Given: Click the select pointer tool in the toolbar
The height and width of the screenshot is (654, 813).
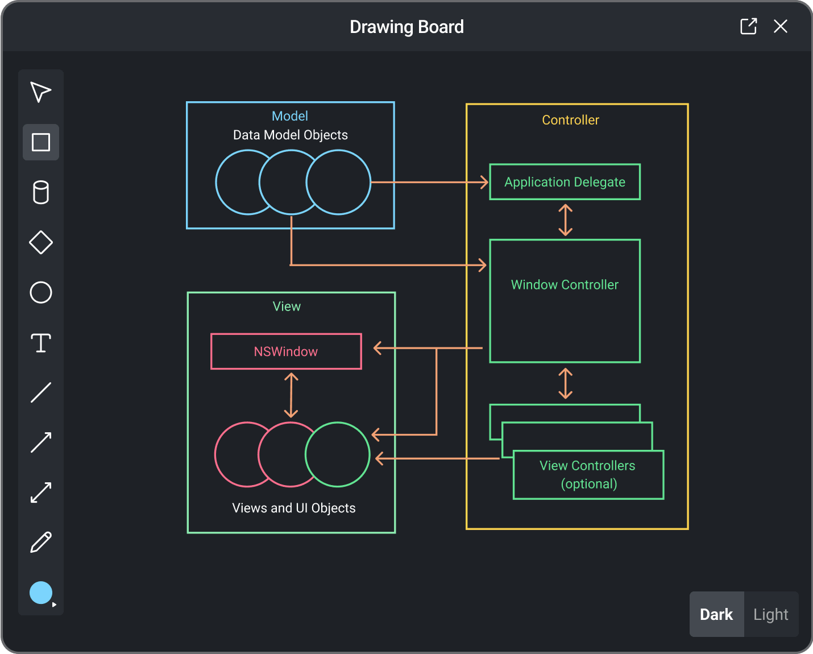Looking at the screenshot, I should [40, 92].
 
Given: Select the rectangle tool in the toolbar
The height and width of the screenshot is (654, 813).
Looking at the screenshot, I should [41, 142].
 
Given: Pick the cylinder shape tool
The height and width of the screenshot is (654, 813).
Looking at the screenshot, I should [41, 192].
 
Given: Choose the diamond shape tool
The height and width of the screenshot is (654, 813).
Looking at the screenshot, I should [41, 242].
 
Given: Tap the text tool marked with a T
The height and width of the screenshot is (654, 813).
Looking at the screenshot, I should [41, 343].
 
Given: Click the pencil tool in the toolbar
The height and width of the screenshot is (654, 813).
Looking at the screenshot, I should [41, 543].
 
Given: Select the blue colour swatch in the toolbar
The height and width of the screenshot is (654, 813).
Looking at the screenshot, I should [41, 593].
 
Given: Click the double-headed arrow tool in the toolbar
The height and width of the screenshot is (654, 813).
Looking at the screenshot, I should [41, 492].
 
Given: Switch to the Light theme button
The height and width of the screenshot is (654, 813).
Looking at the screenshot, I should [770, 614].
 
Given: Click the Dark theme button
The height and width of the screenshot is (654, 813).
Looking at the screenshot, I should [716, 614].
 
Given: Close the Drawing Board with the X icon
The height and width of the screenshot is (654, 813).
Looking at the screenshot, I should [781, 26].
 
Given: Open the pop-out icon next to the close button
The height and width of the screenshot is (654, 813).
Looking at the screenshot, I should [748, 26].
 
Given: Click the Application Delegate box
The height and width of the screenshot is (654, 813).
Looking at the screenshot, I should [565, 182].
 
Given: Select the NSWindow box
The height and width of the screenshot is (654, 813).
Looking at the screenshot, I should [286, 351].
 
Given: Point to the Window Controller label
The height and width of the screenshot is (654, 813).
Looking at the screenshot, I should [565, 285].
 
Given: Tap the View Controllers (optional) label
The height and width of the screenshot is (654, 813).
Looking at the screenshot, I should [588, 474].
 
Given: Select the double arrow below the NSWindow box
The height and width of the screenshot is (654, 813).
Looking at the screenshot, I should [291, 395].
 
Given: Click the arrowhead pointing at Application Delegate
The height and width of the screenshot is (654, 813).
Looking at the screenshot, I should [484, 182].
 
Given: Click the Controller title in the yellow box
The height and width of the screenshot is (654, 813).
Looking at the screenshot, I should [570, 120].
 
